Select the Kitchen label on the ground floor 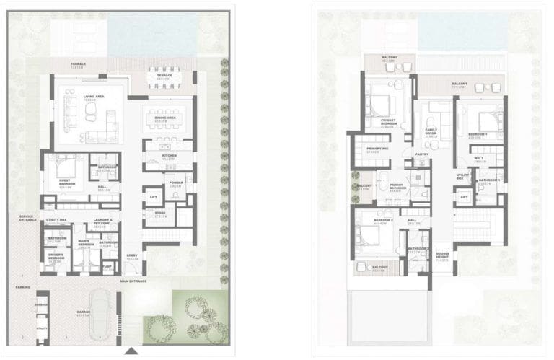point(170,155)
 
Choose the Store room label point(160,213)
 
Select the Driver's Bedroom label point(56,255)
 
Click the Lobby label point(132,256)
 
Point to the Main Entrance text point(133,281)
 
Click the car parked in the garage point(100,315)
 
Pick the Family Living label point(431,133)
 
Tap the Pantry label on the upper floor point(422,154)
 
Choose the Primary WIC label point(374,150)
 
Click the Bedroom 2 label point(382,221)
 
